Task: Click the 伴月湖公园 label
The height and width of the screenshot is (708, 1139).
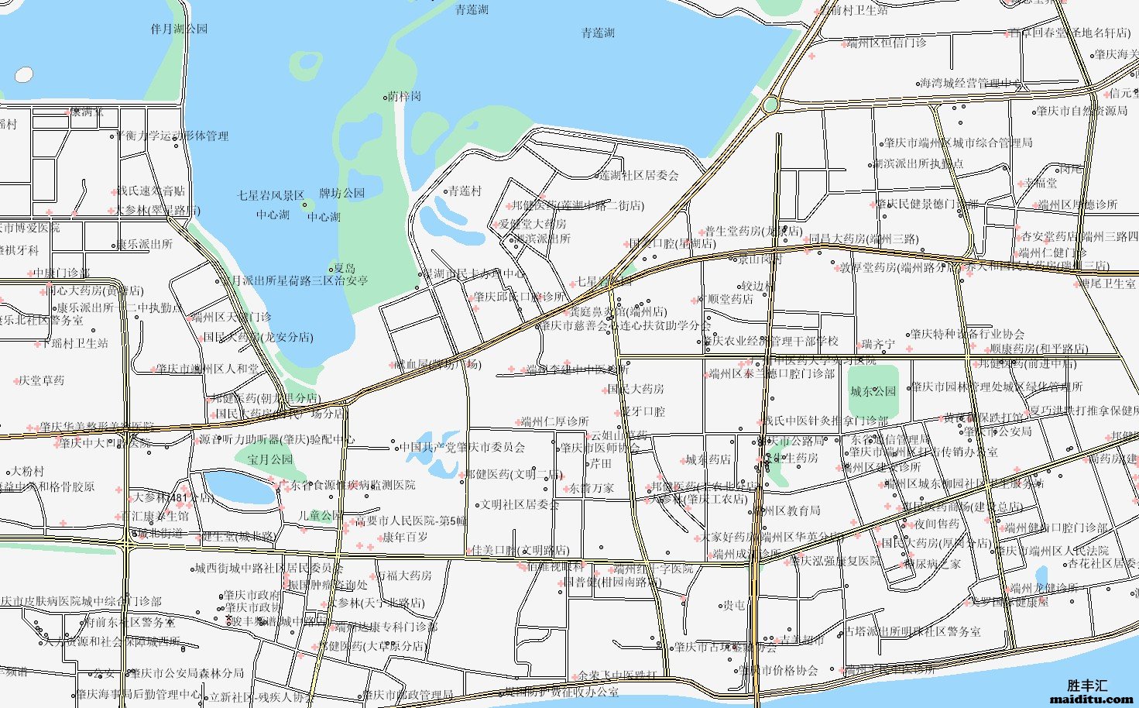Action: [179, 29]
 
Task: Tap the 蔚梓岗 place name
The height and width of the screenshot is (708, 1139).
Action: [404, 97]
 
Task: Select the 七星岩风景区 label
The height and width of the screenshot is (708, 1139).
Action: [270, 196]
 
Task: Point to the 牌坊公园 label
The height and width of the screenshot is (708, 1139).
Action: [341, 194]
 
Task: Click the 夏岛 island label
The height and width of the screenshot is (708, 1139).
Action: [345, 268]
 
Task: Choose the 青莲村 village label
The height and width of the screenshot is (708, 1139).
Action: [465, 191]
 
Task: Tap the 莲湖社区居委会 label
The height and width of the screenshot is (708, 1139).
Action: [639, 176]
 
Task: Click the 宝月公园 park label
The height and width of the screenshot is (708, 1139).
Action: [270, 459]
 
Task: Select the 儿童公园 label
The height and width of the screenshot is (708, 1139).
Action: [320, 515]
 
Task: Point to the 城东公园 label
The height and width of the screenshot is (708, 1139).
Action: [873, 392]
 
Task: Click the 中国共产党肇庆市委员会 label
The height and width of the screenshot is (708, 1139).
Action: [462, 448]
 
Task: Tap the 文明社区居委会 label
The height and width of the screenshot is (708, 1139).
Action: [520, 505]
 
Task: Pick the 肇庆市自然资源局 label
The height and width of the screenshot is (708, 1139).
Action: [1082, 112]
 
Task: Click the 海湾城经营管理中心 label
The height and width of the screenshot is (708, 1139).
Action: [971, 84]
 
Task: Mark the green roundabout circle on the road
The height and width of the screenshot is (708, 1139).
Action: [770, 105]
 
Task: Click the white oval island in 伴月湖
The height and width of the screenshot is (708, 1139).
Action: [24, 75]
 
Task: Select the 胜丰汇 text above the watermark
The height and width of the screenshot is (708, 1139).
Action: [1087, 686]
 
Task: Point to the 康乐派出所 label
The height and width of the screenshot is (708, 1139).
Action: [145, 244]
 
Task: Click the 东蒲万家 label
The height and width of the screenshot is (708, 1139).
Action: [592, 489]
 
